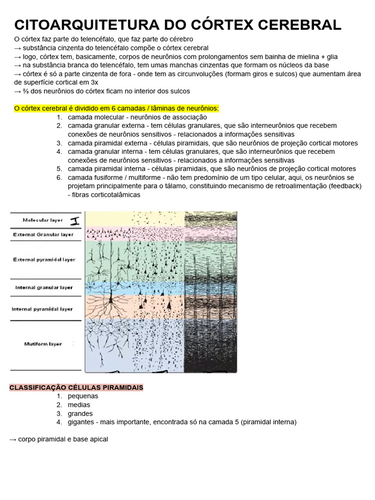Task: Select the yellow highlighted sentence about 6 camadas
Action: [x=117, y=108]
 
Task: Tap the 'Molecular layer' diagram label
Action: [x=43, y=220]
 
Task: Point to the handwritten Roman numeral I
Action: [x=75, y=221]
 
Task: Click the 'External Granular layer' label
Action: [x=43, y=234]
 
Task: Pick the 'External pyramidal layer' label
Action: [x=44, y=260]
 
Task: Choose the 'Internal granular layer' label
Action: [x=44, y=288]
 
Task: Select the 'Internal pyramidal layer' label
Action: [x=42, y=309]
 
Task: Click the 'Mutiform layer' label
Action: [x=43, y=344]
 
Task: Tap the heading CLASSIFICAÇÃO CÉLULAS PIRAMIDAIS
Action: [x=76, y=387]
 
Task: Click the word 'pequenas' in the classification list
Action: [x=83, y=396]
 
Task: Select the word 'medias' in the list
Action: [x=79, y=405]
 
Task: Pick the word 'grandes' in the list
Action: [x=81, y=414]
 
